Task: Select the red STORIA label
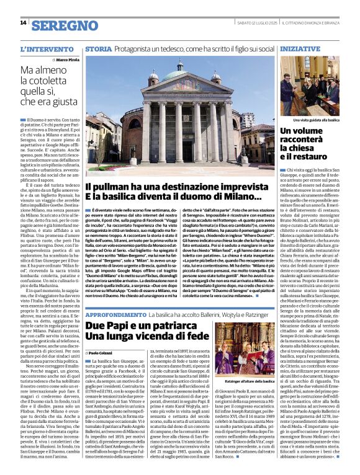99,48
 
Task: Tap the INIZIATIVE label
300,48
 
